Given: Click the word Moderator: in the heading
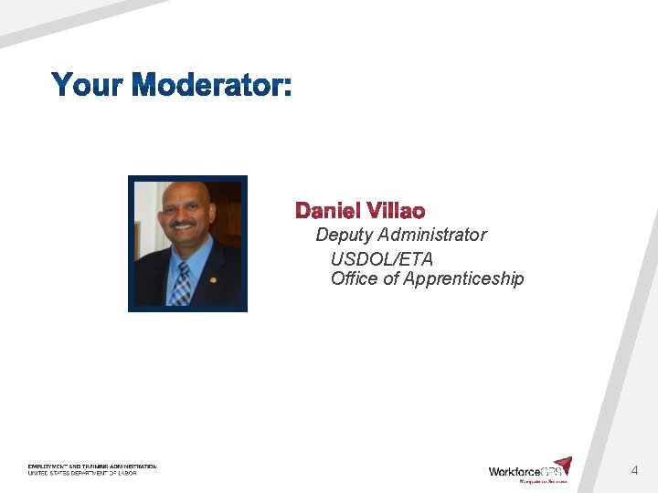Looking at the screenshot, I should pos(212,85).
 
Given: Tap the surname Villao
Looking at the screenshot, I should pos(395,211).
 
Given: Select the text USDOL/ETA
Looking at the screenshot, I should pos(382,259).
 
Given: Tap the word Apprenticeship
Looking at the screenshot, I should pos(463,279).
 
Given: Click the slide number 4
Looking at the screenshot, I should pos(634,471).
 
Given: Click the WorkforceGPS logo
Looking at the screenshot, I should pos(530,470).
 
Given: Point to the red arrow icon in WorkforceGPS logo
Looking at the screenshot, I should pos(563,466).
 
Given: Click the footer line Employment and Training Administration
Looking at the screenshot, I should pos(92,467).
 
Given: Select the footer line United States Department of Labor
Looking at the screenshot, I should pos(82,473).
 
